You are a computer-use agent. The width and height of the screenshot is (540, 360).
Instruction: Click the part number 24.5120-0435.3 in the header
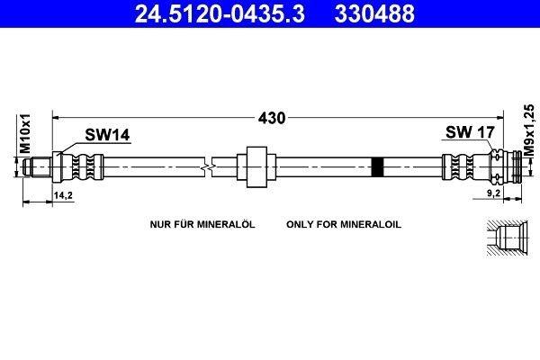(x=220, y=13)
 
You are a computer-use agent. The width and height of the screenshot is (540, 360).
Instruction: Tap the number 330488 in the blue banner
(x=374, y=13)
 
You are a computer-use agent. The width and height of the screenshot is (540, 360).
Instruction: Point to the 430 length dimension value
(x=272, y=118)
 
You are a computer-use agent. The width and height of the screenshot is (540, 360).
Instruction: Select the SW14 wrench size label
(x=107, y=135)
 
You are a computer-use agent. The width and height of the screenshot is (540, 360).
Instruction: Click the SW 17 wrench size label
(x=470, y=132)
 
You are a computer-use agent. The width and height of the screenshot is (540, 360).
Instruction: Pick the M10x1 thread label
(x=25, y=134)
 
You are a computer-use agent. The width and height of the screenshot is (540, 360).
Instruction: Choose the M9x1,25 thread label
(x=529, y=130)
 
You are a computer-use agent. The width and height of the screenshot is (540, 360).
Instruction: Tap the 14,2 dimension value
(x=63, y=195)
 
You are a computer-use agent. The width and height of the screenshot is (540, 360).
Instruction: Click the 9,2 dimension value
(x=493, y=193)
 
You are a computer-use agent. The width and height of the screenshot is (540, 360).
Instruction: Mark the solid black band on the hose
(x=377, y=167)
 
